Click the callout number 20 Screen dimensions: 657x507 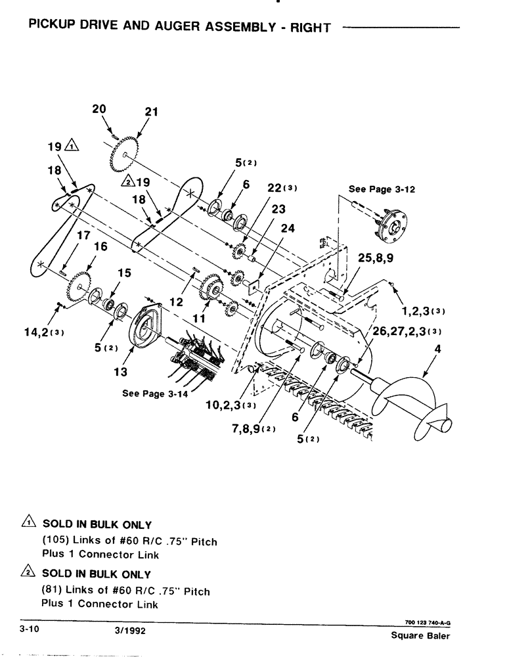coord(99,109)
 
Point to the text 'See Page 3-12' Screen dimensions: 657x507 coord(382,189)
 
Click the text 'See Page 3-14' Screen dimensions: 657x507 coord(156,394)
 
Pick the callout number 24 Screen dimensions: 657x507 coord(288,229)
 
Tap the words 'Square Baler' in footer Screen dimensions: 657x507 coord(420,636)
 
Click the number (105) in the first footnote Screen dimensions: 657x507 coord(56,541)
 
